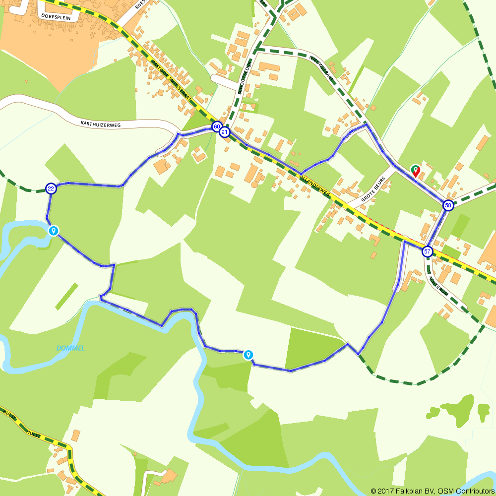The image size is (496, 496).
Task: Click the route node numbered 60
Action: (x=217, y=126)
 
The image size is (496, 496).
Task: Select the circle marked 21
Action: (x=225, y=132)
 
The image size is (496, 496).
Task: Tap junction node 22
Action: (x=51, y=188)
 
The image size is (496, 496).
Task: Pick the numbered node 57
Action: (x=427, y=252)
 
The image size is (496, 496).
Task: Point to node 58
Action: (x=448, y=205)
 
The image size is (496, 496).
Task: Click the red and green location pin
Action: (x=416, y=171)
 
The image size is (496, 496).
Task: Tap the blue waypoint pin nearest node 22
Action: (x=53, y=231)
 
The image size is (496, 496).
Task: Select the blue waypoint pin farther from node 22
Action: (x=248, y=355)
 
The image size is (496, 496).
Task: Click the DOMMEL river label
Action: (x=70, y=348)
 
